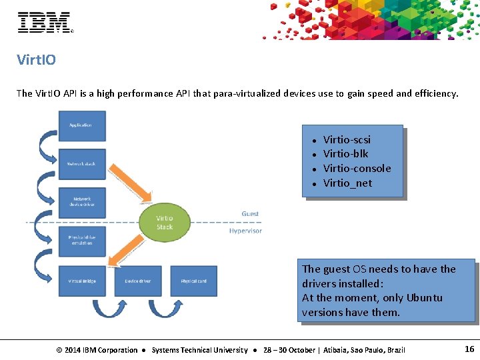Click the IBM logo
click(x=45, y=22)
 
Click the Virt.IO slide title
click(x=36, y=60)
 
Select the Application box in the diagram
click(x=82, y=126)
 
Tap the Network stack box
click(x=82, y=163)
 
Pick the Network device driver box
click(x=82, y=201)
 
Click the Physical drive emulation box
click(x=82, y=240)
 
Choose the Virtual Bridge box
click(x=82, y=281)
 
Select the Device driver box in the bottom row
click(x=137, y=281)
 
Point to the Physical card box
click(x=193, y=281)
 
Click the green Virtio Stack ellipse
click(x=164, y=223)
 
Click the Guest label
click(x=250, y=213)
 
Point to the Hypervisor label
click(x=245, y=231)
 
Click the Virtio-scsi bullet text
click(x=347, y=139)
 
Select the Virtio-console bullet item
click(x=357, y=168)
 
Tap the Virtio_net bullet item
click(x=347, y=183)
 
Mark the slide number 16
click(x=469, y=349)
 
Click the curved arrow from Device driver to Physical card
click(x=165, y=308)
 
